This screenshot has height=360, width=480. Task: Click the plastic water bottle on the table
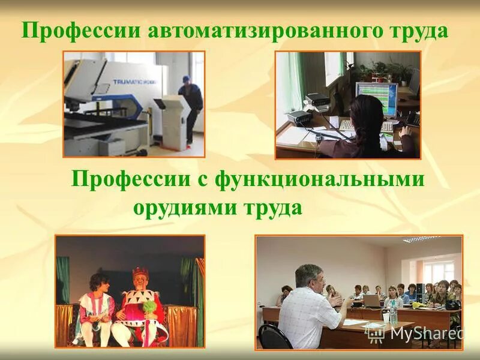pos(393,312)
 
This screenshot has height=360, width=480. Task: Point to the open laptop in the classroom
pos(371,301)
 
